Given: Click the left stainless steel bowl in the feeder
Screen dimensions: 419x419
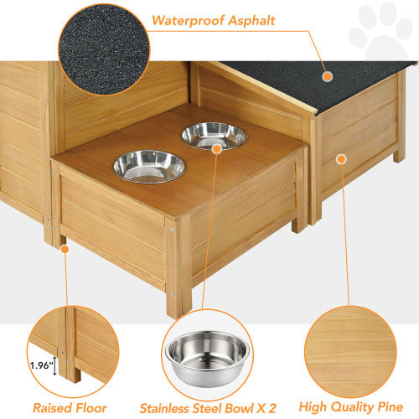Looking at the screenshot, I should click(x=149, y=165).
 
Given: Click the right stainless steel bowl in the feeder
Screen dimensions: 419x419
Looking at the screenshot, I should click(x=214, y=135).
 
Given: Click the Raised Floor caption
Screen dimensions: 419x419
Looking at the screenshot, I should click(x=70, y=408).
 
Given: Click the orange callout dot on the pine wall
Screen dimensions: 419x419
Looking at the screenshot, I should click(x=341, y=158).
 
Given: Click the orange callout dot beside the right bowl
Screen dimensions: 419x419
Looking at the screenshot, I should click(x=217, y=147).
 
